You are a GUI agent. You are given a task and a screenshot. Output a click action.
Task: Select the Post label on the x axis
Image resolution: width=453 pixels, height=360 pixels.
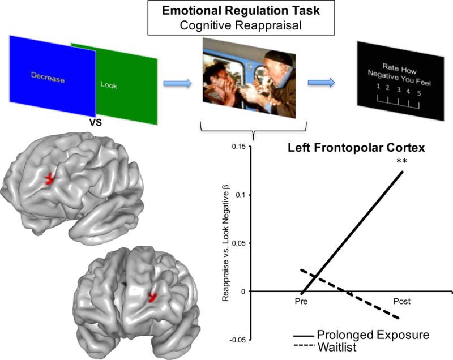401,301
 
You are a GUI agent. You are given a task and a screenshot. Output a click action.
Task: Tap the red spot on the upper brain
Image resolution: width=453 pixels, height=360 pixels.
52,178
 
